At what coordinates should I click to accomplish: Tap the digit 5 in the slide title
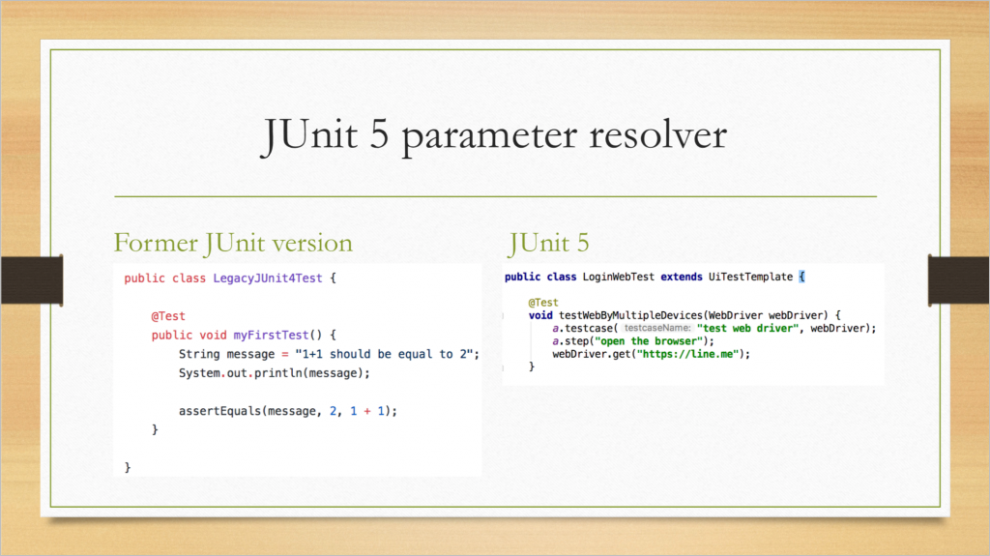pos(379,134)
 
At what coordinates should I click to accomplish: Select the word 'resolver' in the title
pos(657,134)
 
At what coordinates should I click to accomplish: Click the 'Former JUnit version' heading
pos(233,244)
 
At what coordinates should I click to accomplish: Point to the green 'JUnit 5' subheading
pos(548,244)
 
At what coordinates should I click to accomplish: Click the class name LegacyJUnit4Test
pos(268,278)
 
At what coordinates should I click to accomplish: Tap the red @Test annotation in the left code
pos(168,316)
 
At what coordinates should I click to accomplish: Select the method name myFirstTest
pos(271,335)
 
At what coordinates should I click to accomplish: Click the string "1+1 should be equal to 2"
pos(385,354)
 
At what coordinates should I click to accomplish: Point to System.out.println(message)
pos(274,373)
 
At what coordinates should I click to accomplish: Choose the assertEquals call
pos(288,411)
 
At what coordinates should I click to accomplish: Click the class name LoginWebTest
pos(618,277)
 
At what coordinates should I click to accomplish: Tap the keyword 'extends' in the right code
pos(682,277)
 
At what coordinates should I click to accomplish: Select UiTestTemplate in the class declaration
pos(750,277)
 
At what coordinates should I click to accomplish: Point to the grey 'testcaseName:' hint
pos(657,328)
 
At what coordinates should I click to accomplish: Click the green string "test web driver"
pos(747,328)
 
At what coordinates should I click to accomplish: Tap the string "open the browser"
pos(649,341)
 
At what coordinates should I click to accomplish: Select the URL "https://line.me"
pos(687,354)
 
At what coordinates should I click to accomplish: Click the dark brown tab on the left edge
pos(32,279)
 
